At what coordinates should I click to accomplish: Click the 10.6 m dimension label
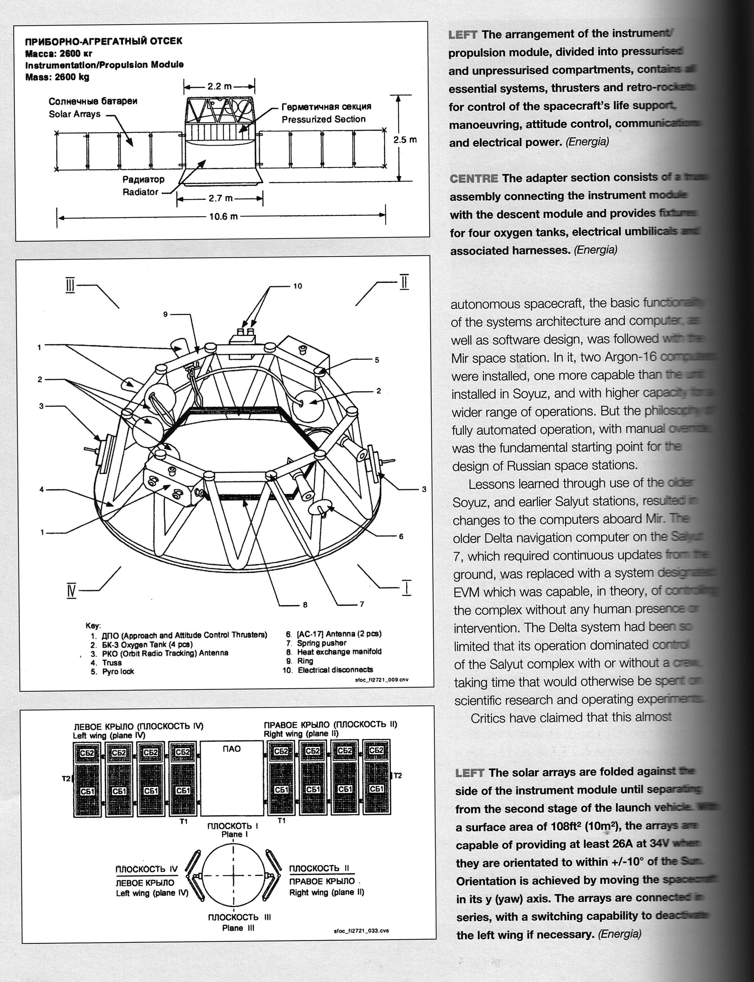pyautogui.click(x=223, y=216)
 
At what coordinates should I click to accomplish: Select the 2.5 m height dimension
pyautogui.click(x=404, y=140)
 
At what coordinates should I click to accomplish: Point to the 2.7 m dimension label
pyautogui.click(x=220, y=198)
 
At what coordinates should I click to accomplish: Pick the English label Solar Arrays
pyautogui.click(x=74, y=114)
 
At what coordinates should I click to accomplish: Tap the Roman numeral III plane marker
pyautogui.click(x=70, y=286)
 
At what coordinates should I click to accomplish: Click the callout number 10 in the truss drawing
pyautogui.click(x=297, y=286)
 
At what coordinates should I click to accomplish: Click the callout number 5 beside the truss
pyautogui.click(x=377, y=360)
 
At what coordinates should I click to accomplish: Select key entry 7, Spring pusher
pyautogui.click(x=321, y=643)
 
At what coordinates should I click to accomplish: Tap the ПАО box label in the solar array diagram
pyautogui.click(x=232, y=749)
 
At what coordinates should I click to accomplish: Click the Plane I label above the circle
pyautogui.click(x=232, y=834)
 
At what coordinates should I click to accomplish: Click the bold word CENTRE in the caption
pyautogui.click(x=474, y=179)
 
